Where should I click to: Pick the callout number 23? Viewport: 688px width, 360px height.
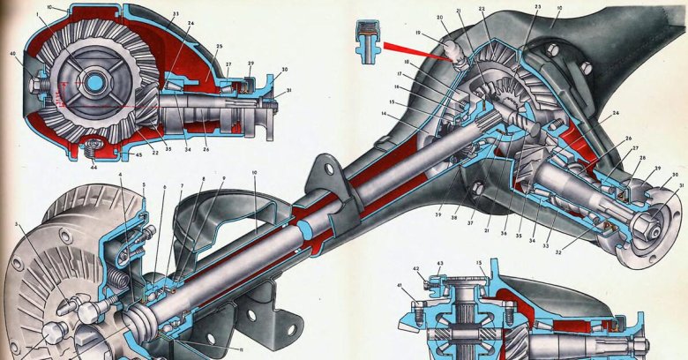point(537,7)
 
